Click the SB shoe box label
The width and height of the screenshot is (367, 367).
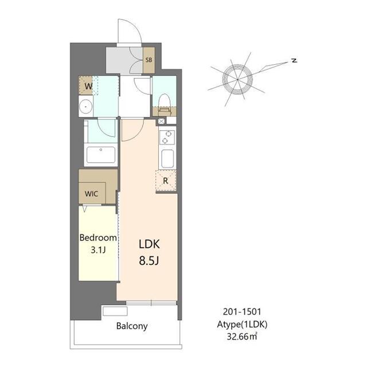pyautogui.click(x=149, y=60)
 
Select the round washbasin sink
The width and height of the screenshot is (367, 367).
pyautogui.click(x=85, y=107)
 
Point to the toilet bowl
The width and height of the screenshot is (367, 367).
pyautogui.click(x=165, y=103)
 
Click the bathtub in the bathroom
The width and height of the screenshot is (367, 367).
pyautogui.click(x=101, y=154)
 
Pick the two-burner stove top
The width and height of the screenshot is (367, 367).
pyautogui.click(x=167, y=137)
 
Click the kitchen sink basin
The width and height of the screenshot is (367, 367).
pyautogui.click(x=167, y=159)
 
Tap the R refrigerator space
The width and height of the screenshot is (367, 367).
pyautogui.click(x=166, y=181)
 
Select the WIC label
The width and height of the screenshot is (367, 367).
pyautogui.click(x=92, y=194)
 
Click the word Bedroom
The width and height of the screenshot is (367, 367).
pyautogui.click(x=98, y=237)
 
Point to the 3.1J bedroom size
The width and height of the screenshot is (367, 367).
pyautogui.click(x=98, y=250)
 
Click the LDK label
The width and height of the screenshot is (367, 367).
pyautogui.click(x=149, y=244)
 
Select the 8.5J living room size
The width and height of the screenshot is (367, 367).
pyautogui.click(x=149, y=260)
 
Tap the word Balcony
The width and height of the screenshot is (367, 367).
pyautogui.click(x=132, y=326)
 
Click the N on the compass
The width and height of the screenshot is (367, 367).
pyautogui.click(x=294, y=60)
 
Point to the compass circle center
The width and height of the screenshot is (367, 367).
pyautogui.click(x=237, y=80)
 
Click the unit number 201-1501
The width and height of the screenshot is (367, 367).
pyautogui.click(x=242, y=311)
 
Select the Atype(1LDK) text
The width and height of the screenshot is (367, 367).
pyautogui.click(x=242, y=325)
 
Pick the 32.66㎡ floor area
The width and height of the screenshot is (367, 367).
pyautogui.click(x=242, y=337)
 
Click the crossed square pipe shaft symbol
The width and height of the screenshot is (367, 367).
pyautogui.click(x=161, y=121)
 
